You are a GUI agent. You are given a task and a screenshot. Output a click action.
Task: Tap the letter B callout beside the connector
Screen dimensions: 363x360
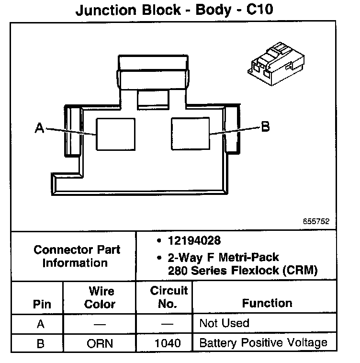point(265,126)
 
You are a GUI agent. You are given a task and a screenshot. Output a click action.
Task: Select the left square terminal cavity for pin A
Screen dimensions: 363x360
point(115,134)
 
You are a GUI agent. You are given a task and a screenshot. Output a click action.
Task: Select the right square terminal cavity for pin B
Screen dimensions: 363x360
point(190,134)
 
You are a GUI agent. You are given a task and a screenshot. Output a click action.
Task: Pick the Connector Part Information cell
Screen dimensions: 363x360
point(77,256)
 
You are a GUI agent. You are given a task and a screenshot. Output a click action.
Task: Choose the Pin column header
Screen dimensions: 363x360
point(41,304)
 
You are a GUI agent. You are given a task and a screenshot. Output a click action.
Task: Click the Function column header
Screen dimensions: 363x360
point(267,303)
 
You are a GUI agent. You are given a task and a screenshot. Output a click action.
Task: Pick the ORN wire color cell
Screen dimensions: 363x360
point(100,343)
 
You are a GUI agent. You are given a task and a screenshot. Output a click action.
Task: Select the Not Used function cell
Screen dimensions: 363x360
point(224,323)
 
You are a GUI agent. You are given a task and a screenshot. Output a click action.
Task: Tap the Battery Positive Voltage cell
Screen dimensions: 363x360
point(263,343)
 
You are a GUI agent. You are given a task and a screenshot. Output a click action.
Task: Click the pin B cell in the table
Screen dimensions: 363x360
point(41,343)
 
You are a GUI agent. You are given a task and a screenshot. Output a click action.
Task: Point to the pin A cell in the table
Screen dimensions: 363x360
point(41,324)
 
